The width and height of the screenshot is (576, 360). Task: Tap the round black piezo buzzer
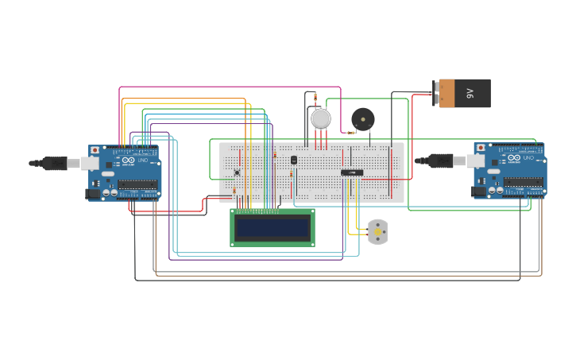pyautogui.click(x=362, y=120)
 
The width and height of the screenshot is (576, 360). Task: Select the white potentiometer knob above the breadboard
pyautogui.click(x=320, y=118)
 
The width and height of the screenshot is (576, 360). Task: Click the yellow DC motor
pyautogui.click(x=377, y=232)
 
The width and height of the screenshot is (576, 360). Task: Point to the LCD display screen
pyautogui.click(x=272, y=228)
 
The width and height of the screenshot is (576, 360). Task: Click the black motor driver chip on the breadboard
pyautogui.click(x=352, y=172)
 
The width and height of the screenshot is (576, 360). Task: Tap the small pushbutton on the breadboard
pyautogui.click(x=237, y=172)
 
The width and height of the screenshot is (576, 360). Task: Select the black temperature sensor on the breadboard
pyautogui.click(x=294, y=160)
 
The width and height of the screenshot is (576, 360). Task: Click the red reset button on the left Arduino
pyautogui.click(x=95, y=149)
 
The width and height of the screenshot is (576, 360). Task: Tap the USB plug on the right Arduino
pyautogui.click(x=441, y=161)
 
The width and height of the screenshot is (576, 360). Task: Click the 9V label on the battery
pyautogui.click(x=470, y=93)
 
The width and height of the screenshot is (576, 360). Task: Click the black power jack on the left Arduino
pyautogui.click(x=94, y=193)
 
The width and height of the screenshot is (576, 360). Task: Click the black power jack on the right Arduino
pyautogui.click(x=479, y=191)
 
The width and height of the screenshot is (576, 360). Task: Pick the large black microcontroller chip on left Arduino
pyautogui.click(x=137, y=185)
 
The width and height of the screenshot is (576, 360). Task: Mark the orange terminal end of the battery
pyautogui.click(x=446, y=93)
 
